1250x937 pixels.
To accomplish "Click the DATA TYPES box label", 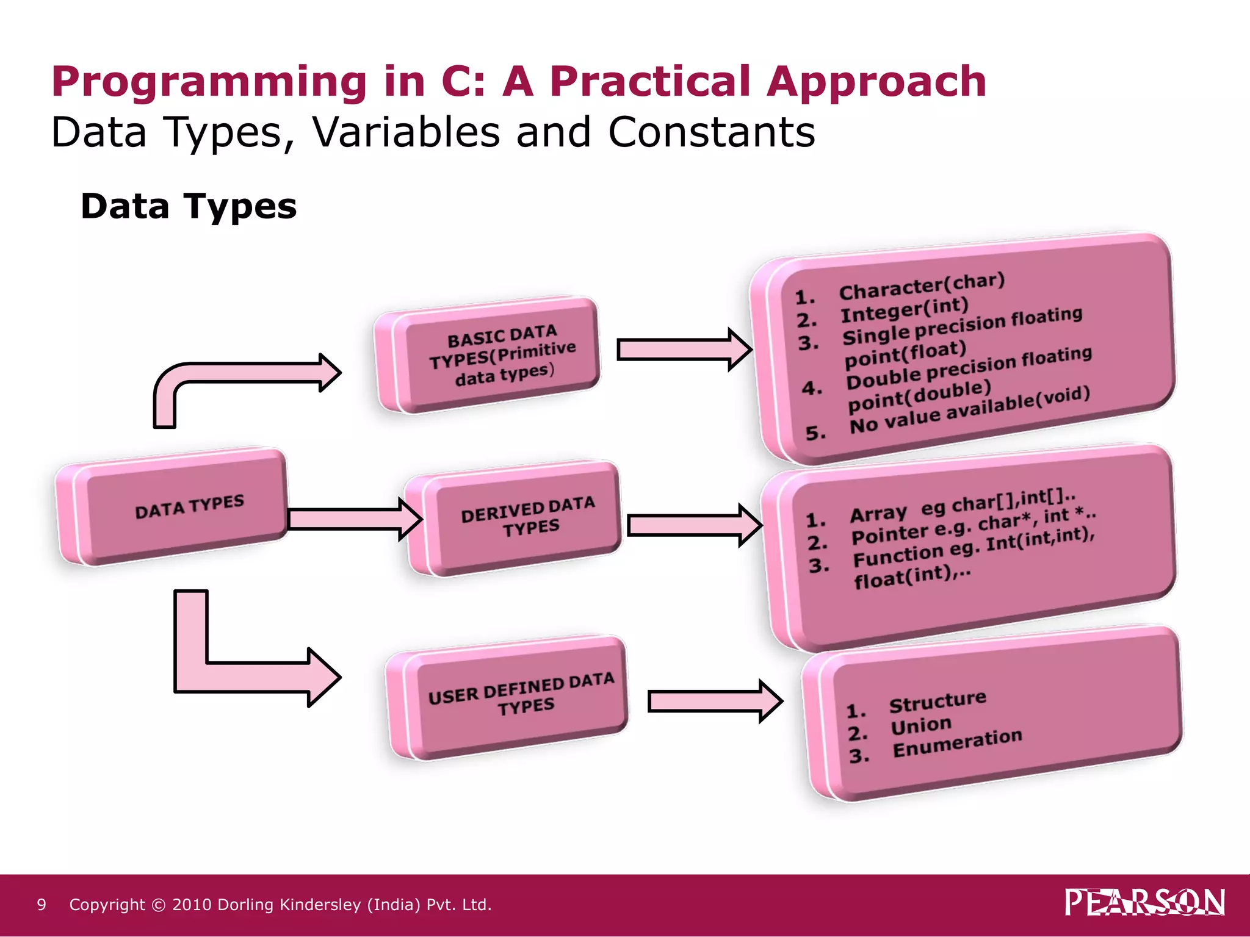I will click(189, 507).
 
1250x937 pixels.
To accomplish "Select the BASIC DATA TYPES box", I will click(502, 356).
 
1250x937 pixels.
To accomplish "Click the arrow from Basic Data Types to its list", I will click(684, 350).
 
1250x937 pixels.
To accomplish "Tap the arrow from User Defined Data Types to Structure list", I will click(714, 701).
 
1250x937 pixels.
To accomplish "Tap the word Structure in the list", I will click(937, 702).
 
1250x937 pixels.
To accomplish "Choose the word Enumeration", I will click(957, 744).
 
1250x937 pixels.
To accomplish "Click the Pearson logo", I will click(1144, 902).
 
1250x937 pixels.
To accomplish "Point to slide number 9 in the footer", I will click(42, 905).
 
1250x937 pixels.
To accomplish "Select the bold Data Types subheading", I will click(189, 206).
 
